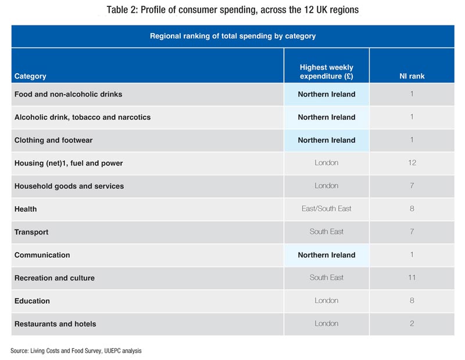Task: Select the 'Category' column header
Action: coord(30,76)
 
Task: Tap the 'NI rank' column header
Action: coord(412,76)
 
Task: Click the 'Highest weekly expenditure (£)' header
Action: coord(326,72)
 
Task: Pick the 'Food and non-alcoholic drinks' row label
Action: coord(68,94)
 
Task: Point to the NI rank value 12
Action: coord(412,163)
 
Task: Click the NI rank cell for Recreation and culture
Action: coord(412,278)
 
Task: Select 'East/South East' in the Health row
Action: coord(326,208)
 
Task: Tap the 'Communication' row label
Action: coord(42,255)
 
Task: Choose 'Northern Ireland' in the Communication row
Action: coord(326,255)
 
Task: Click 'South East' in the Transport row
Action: coord(326,232)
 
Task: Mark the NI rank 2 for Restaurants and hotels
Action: coord(412,323)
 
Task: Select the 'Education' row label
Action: coord(32,301)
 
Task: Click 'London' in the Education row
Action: coord(326,301)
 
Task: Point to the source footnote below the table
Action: coord(76,351)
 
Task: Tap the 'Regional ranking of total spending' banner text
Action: coord(233,36)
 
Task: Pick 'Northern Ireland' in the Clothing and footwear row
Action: coord(326,140)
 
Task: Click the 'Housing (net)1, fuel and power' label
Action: coord(69,163)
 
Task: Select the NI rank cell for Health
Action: coord(412,208)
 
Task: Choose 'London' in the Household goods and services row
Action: coord(326,186)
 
